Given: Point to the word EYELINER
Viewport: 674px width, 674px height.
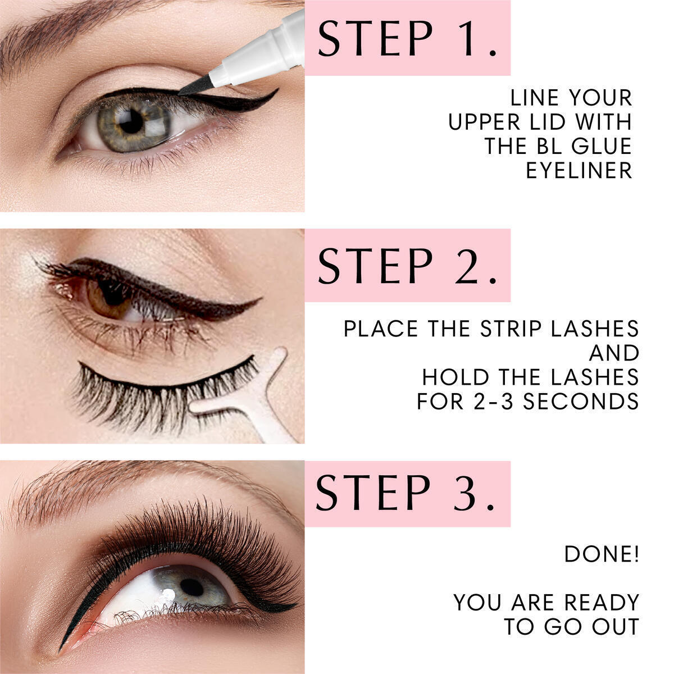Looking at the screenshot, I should tap(579, 171).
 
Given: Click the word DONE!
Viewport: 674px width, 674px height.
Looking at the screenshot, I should tap(602, 554).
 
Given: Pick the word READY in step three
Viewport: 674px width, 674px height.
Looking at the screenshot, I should tap(602, 603).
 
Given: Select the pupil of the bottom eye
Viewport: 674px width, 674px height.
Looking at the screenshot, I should tap(192, 588).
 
